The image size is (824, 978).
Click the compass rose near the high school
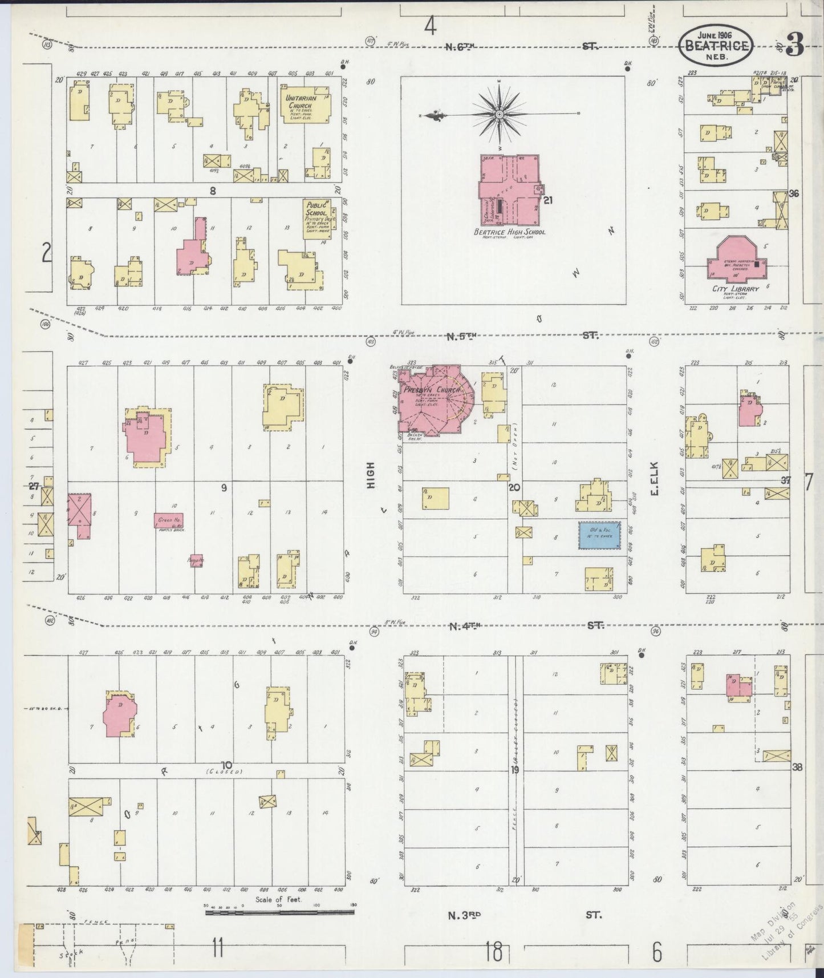(x=500, y=114)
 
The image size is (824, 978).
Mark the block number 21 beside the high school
(x=549, y=200)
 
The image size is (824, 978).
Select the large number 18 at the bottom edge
(x=494, y=951)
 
